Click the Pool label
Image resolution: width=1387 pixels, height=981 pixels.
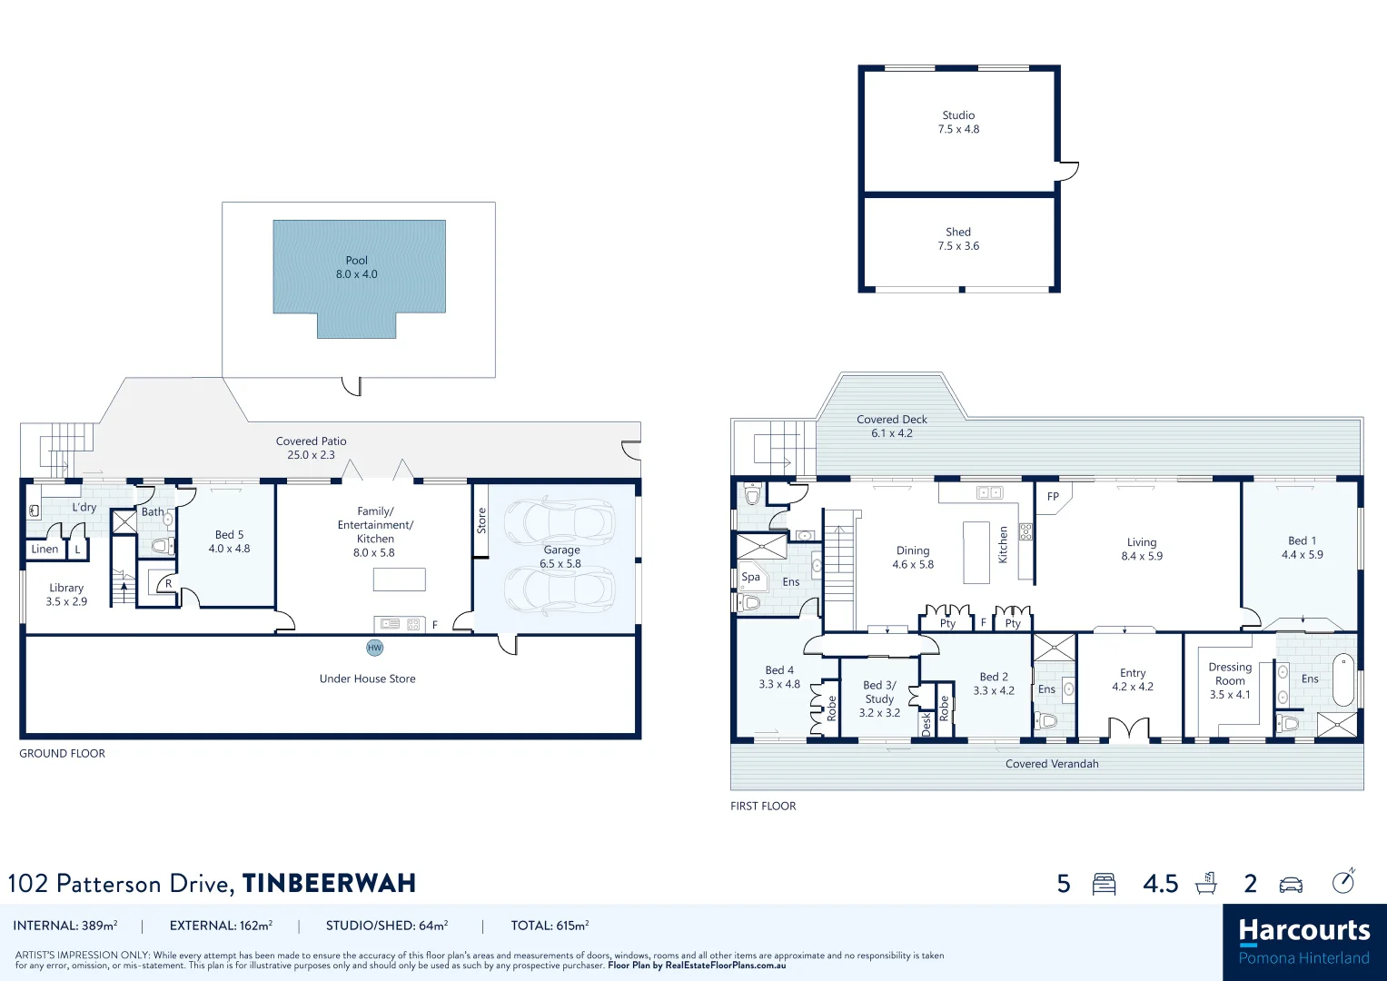356,267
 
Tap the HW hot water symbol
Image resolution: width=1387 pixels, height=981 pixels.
374,648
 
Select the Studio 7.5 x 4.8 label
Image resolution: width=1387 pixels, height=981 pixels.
958,122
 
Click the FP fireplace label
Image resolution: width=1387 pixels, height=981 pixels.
1053,497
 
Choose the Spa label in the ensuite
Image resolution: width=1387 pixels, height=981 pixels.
750,577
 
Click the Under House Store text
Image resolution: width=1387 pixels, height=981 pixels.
367,679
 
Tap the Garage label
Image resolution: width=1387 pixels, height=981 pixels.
560,556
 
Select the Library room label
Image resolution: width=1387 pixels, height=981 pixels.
66,594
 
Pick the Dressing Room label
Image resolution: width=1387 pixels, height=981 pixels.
1230,680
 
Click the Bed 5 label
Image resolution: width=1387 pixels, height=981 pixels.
229,541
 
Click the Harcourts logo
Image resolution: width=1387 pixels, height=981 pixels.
1303,941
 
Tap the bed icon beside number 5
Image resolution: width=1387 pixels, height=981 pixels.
1104,884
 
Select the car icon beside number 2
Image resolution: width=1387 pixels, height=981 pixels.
1291,884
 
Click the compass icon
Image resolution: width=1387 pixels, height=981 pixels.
1343,881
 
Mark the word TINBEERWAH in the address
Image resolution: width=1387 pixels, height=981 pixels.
329,884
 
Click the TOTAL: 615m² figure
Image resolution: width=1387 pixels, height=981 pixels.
550,926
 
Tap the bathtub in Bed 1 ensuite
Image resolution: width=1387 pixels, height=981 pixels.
1342,679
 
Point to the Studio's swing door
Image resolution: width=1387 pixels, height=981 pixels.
1067,170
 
